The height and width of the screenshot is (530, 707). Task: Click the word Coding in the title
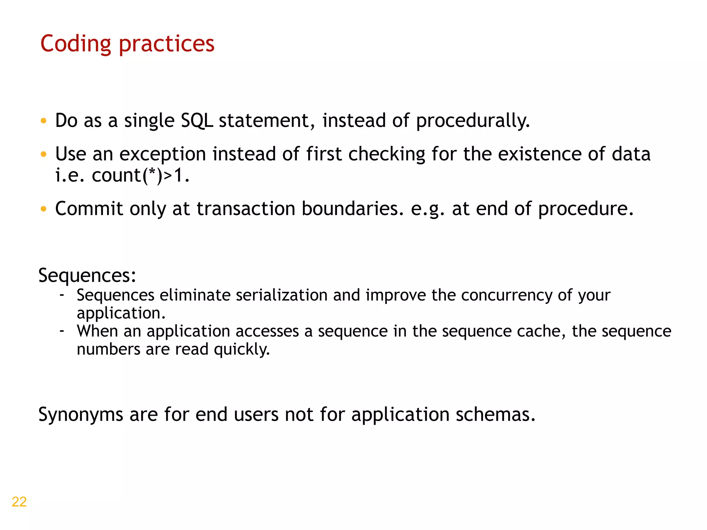(x=76, y=44)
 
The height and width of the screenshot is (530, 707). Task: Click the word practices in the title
(x=167, y=44)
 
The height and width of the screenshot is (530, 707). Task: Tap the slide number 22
(x=19, y=502)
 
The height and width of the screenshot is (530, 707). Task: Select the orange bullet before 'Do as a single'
(x=43, y=121)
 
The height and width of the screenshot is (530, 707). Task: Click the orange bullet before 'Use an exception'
(x=43, y=154)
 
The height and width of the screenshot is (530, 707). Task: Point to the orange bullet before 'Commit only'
(x=43, y=209)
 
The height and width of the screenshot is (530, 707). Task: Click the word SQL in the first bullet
(x=196, y=121)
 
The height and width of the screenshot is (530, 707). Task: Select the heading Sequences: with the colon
(x=87, y=276)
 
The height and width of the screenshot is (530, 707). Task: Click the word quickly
(x=242, y=350)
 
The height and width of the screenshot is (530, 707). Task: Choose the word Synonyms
(x=81, y=414)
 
